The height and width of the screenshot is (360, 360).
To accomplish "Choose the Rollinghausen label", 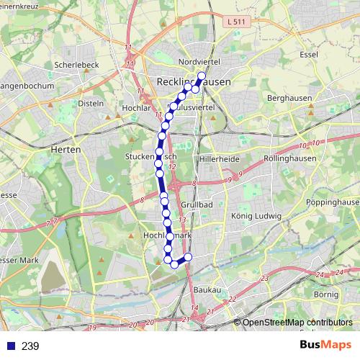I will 285,157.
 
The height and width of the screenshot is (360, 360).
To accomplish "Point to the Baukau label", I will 207,289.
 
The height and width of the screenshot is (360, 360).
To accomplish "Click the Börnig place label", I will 326,294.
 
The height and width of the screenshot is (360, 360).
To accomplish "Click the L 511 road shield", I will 235,22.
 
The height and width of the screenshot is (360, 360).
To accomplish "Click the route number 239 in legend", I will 30,346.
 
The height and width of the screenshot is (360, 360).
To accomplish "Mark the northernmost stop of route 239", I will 202,76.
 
